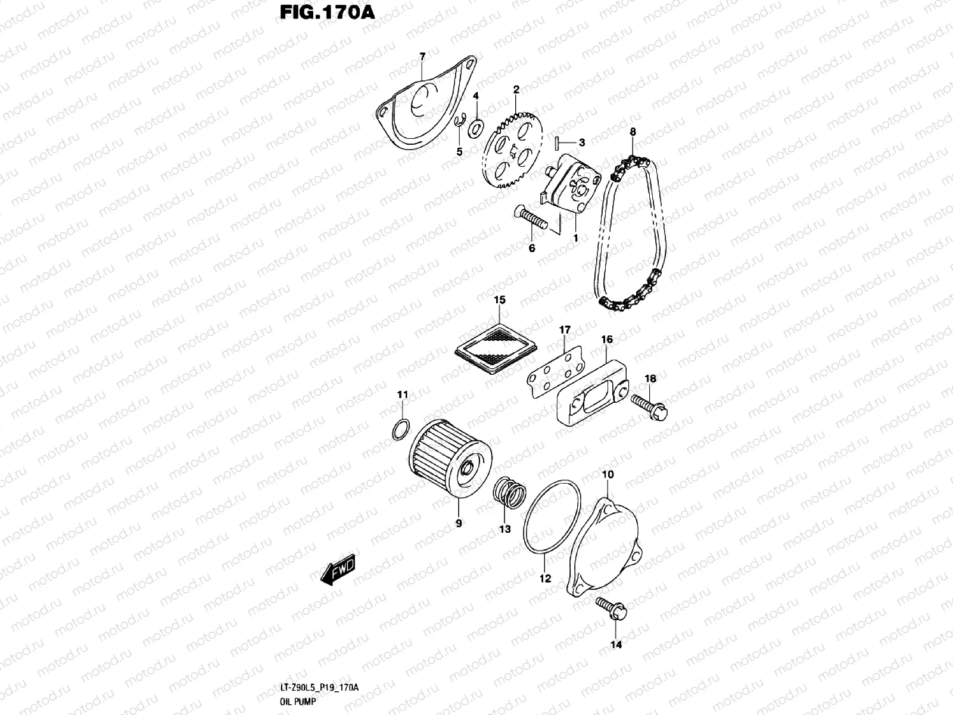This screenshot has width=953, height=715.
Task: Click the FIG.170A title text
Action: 327,13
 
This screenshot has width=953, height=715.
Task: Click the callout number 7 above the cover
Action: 422,57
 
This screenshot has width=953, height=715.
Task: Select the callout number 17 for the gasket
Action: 564,329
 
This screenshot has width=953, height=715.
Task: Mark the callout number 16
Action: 606,340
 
